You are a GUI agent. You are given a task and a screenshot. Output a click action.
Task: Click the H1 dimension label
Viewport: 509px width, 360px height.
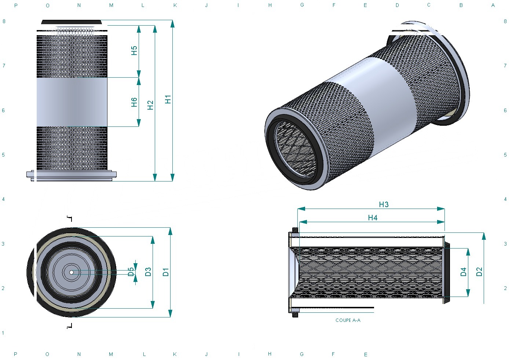pos(168,99)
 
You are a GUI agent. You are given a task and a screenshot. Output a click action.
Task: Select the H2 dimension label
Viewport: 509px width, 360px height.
pos(150,105)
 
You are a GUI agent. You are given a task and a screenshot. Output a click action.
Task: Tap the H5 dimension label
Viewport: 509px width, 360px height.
pos(134,51)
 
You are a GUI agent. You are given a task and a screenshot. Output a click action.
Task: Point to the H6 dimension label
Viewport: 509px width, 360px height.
pos(134,102)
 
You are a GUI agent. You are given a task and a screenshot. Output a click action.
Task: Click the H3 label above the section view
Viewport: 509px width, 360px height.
pos(384,205)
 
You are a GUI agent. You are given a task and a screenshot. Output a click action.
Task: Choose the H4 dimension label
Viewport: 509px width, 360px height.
pos(373,218)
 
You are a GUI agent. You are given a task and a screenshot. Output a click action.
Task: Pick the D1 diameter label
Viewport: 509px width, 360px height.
pos(166,272)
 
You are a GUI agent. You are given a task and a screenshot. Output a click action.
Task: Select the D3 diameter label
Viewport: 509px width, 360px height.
pos(148,272)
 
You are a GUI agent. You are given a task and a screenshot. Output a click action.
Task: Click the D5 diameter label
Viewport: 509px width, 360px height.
pos(131,272)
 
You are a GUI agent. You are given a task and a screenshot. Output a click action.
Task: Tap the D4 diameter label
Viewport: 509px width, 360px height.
pos(463,272)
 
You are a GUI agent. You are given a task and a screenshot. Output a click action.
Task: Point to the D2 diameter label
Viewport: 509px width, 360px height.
pos(479,272)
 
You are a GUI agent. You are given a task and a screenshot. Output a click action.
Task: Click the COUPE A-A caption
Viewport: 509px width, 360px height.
pos(348,320)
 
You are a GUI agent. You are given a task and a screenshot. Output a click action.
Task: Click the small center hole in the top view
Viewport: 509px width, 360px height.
pos(72,272)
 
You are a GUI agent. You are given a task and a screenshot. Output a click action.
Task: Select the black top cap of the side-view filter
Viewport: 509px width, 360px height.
pos(72,22)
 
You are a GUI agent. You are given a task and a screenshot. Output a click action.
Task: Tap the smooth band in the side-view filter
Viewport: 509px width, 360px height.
pos(72,102)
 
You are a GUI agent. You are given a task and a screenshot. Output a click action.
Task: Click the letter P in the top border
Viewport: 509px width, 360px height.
pos(16,5)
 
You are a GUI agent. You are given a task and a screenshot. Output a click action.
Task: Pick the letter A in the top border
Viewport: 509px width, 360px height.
pos(493,5)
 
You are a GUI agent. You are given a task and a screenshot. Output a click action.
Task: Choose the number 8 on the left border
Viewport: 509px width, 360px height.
pos(4,21)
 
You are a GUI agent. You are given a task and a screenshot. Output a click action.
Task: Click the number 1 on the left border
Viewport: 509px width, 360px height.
pos(3,333)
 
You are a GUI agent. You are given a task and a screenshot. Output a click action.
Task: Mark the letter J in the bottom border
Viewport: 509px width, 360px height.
pos(206,354)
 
